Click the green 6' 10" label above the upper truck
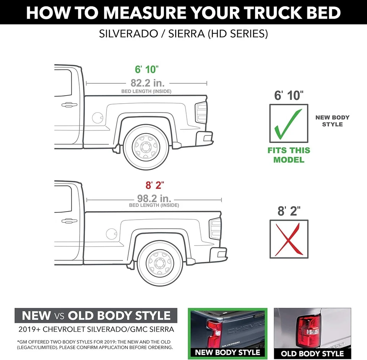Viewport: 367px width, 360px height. tap(147, 70)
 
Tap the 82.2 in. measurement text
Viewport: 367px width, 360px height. tap(146, 83)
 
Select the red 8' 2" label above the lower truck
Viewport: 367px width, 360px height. tap(154, 186)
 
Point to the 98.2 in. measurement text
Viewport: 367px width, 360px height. tap(154, 199)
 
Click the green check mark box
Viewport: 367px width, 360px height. tap(289, 124)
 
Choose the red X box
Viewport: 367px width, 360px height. tap(289, 239)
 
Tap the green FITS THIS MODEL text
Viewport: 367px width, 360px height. tap(289, 155)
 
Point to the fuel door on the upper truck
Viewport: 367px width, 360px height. tap(97, 118)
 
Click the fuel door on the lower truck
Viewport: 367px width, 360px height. tap(111, 233)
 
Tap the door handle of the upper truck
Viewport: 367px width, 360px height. tap(69, 104)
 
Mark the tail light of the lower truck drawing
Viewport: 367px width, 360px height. tap(215, 228)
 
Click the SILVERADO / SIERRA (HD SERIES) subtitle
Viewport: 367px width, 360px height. tap(183, 33)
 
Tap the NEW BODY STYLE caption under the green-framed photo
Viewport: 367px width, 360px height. tap(227, 352)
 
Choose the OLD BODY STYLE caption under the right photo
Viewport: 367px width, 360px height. tap(312, 353)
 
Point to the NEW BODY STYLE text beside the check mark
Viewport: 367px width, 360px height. tap(332, 121)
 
